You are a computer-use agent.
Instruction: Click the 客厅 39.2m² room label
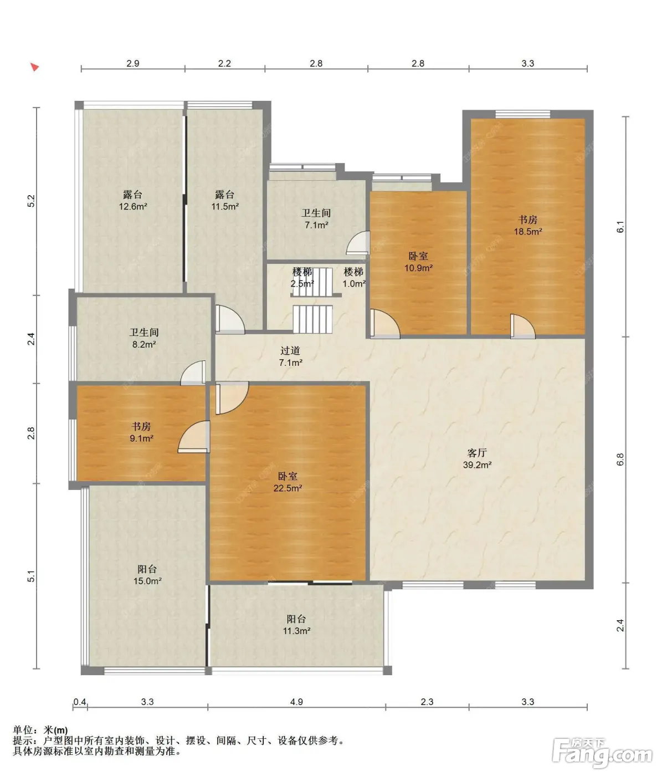477,459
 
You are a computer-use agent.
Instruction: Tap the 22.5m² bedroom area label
288,482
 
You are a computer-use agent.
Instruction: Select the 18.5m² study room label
527,225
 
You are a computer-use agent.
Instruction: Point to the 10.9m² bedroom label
418,262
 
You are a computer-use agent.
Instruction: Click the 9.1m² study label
141,432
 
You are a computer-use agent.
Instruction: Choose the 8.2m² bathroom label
144,338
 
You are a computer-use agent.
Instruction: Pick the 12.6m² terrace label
133,201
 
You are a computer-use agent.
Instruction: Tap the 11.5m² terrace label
225,201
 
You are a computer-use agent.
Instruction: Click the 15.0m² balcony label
147,575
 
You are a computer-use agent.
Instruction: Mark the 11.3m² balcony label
296,625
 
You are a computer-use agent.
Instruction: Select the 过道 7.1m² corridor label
290,356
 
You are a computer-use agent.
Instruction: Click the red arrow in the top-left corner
34,67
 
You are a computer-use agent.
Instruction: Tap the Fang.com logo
602,753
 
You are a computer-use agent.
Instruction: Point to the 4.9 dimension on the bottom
296,702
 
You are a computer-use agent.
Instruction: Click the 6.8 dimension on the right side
620,460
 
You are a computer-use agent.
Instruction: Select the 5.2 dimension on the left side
31,201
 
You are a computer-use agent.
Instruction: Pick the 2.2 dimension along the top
224,63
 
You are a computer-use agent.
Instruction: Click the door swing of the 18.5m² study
523,326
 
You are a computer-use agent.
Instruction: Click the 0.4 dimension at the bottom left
80,702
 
